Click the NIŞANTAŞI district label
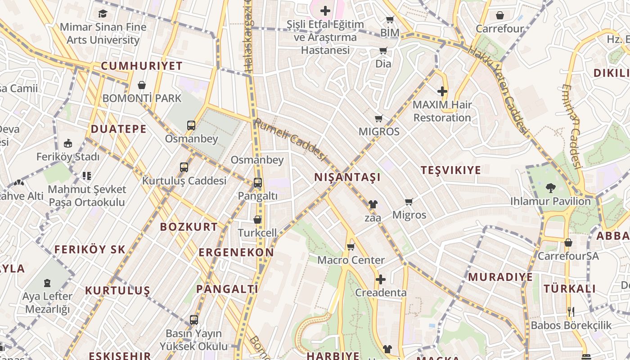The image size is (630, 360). [347, 177]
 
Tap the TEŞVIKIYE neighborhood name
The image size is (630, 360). [450, 170]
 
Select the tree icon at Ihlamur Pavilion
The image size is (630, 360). [550, 188]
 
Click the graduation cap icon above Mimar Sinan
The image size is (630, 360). [103, 13]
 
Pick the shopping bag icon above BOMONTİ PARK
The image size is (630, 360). [142, 85]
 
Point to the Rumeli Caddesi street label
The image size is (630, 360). [290, 139]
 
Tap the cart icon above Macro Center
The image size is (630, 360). [351, 247]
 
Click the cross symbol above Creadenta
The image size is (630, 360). [381, 279]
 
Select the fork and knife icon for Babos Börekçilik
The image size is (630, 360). [571, 311]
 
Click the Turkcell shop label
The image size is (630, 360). [257, 233]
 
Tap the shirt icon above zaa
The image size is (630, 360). [373, 204]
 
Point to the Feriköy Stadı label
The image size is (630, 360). [68, 157]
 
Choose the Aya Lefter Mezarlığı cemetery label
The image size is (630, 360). [47, 303]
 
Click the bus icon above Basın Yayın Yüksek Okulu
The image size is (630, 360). [194, 320]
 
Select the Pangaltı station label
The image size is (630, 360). [257, 196]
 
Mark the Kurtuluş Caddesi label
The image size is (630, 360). [184, 180]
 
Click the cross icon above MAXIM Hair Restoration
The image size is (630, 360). [442, 92]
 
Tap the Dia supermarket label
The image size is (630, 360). [383, 63]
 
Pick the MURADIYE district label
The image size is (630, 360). [500, 277]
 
